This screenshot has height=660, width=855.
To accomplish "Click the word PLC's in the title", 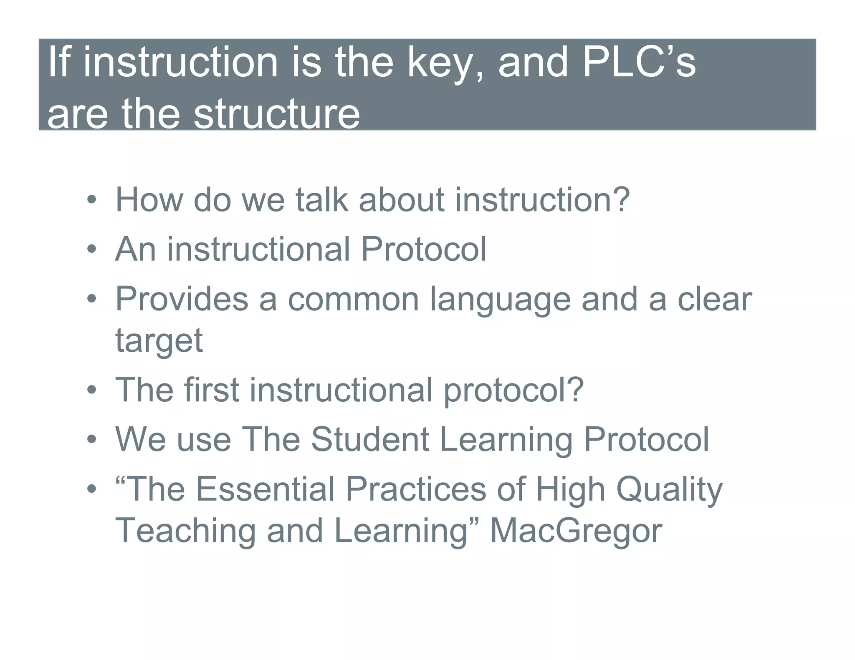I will tap(639, 63).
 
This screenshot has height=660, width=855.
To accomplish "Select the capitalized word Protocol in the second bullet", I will tap(423, 249).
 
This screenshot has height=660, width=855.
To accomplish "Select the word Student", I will tap(370, 439).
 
